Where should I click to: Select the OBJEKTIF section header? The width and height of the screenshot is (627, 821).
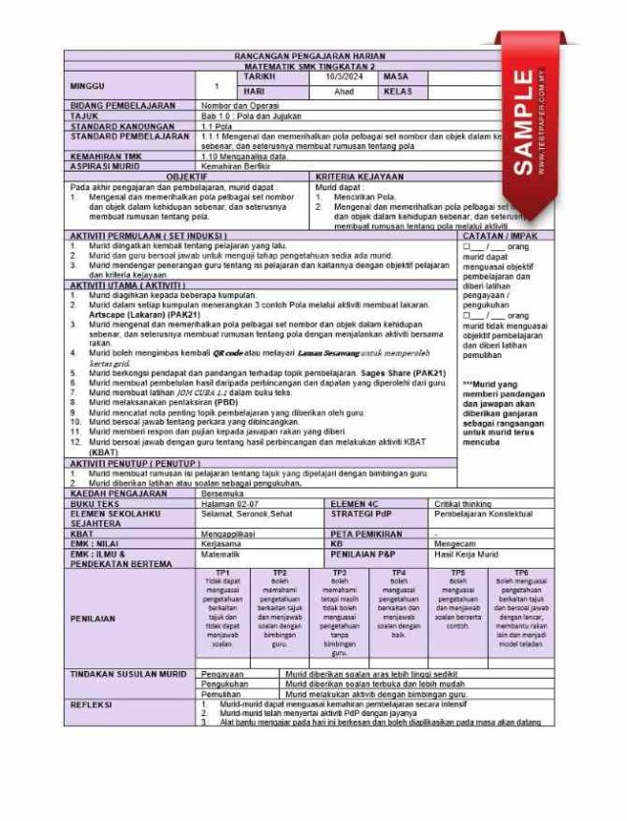pos(186,177)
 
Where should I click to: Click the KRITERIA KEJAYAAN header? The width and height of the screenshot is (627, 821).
pos(359,177)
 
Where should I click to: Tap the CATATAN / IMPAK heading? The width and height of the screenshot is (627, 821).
pos(496,236)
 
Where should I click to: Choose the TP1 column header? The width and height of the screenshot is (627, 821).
pos(222,572)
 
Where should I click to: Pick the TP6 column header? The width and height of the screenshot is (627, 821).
pos(521,572)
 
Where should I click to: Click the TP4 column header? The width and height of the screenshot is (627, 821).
pos(399,572)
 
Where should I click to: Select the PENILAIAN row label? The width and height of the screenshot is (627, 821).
pos(94,619)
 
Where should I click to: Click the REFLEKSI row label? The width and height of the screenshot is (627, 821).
pos(92,704)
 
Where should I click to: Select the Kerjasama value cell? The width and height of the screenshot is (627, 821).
pos(220,543)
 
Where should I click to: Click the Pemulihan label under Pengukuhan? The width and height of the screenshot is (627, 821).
pos(221,693)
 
